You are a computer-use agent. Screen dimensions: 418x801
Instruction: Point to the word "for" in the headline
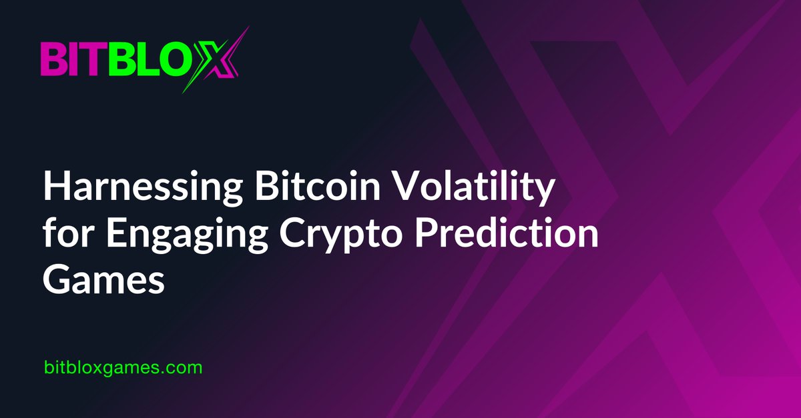[65, 235]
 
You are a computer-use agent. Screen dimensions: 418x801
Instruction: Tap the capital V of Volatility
[415, 189]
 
